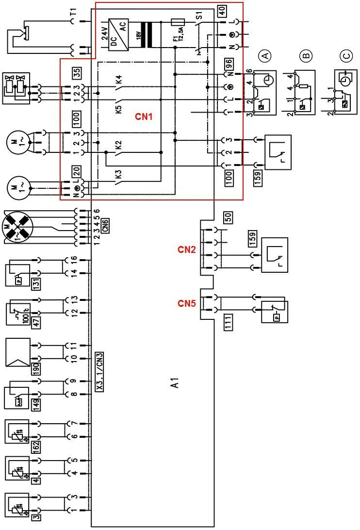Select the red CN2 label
coord(187,250)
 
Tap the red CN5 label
coord(187,304)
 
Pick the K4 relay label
coord(118,80)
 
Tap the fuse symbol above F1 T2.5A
coord(179,22)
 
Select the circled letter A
coord(265,56)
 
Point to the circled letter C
coord(346,57)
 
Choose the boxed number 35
coord(77,73)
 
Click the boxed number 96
coord(228,64)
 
